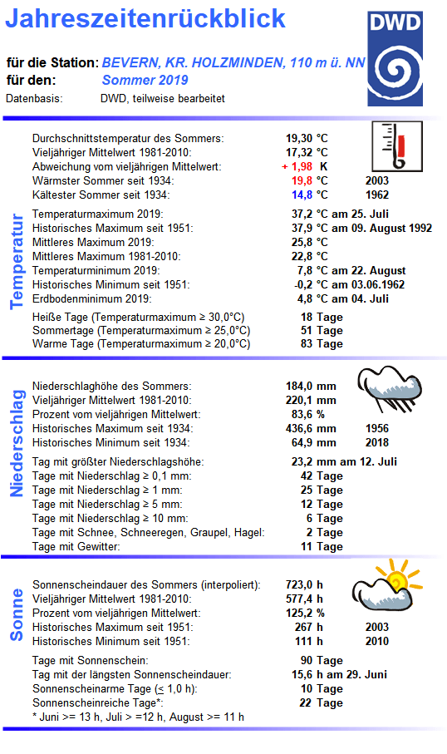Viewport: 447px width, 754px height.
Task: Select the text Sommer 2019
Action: click(x=145, y=81)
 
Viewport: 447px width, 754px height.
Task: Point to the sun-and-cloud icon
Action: click(x=384, y=584)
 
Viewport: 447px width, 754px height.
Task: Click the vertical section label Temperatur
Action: click(x=16, y=260)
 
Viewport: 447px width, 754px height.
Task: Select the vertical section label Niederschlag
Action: click(x=16, y=442)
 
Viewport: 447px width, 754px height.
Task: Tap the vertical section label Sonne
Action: click(x=16, y=614)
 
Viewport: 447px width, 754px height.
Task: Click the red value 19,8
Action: click(x=301, y=180)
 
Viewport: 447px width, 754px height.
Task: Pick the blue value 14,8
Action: click(x=301, y=195)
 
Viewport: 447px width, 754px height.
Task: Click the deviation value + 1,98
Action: click(x=299, y=166)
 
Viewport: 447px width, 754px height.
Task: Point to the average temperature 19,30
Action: click(x=299, y=138)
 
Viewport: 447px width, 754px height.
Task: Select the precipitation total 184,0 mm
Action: click(x=311, y=386)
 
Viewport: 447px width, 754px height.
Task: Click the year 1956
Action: click(x=376, y=428)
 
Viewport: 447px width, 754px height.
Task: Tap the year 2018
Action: click(x=376, y=442)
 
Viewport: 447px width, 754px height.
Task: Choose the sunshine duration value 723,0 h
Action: click(x=307, y=584)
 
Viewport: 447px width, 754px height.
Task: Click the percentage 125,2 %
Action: click(x=307, y=613)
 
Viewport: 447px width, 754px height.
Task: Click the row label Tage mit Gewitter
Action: click(x=76, y=546)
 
